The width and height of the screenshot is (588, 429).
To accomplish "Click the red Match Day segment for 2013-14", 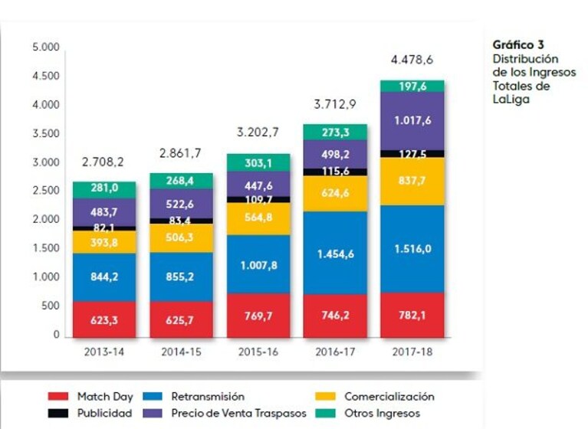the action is [104, 319].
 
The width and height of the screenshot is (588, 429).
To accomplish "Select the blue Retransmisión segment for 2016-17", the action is [335, 253].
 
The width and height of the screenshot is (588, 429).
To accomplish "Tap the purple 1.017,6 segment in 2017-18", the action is [412, 121].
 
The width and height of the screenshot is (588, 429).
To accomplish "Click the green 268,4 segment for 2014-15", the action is [181, 181].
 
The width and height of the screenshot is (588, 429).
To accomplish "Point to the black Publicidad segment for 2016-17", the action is [335, 172].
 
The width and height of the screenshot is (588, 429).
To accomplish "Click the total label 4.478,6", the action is [412, 60].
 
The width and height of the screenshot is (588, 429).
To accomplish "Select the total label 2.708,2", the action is [103, 162].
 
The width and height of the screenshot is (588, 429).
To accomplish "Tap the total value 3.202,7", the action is [258, 133].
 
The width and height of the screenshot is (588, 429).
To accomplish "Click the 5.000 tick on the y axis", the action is [46, 47].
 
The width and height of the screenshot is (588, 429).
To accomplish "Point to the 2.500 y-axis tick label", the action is [46, 190].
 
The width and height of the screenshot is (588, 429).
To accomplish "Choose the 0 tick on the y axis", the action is [56, 334].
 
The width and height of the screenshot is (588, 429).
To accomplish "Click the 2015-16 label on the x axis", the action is [258, 352].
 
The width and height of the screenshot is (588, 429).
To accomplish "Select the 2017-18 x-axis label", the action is [412, 352].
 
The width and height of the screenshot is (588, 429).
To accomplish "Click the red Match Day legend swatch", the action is [58, 396].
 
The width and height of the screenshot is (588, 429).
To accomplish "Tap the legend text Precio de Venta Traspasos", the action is [238, 413].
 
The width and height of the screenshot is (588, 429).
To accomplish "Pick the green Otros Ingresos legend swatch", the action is [325, 413].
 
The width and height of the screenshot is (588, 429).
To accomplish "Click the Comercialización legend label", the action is [389, 396].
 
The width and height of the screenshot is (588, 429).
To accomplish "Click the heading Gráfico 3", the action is [518, 45].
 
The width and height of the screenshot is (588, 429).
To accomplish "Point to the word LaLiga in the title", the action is [511, 100].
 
